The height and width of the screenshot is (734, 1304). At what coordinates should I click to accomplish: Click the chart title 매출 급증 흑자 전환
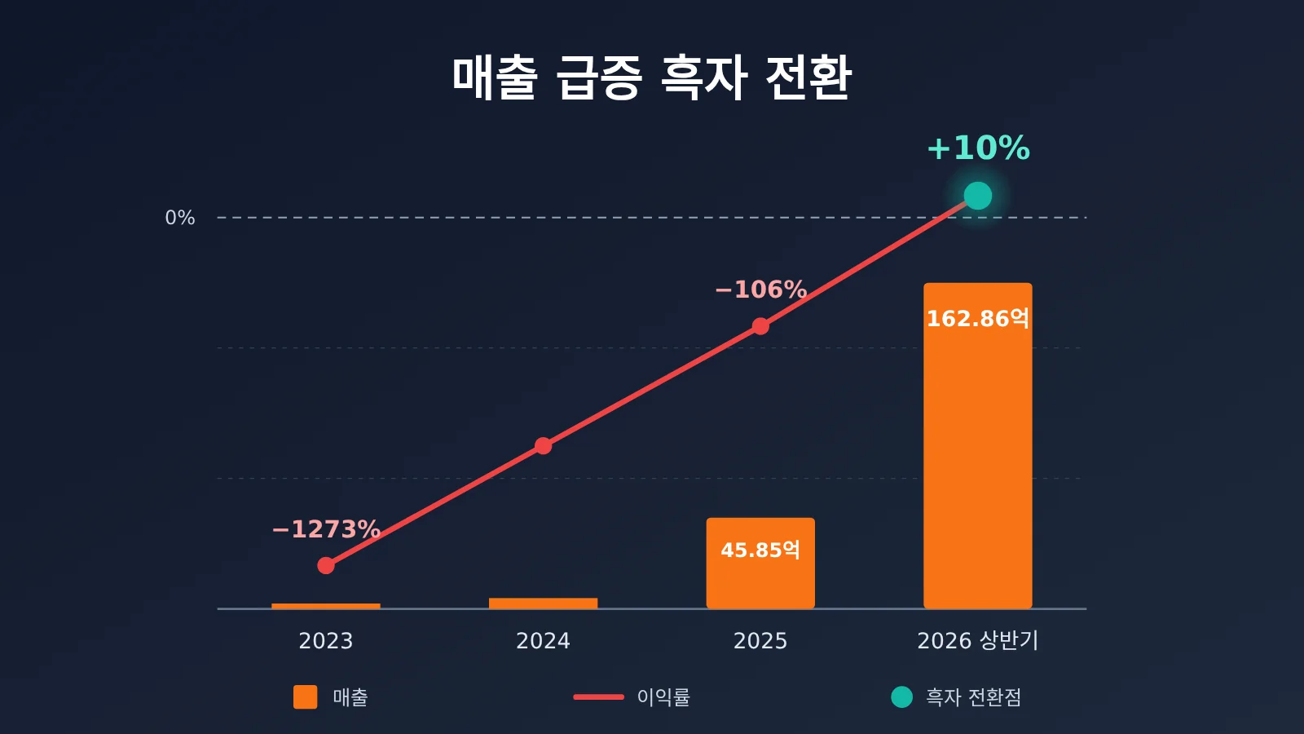tap(652, 77)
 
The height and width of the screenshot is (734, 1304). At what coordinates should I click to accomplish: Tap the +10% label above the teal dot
tap(978, 148)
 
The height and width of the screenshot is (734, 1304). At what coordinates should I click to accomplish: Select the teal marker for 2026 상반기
tap(978, 196)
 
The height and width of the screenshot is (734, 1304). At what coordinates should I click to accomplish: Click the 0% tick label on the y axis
tap(180, 218)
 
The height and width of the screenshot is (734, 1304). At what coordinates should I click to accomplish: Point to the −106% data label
tap(760, 290)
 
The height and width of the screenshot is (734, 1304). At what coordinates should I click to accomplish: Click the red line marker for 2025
tap(760, 326)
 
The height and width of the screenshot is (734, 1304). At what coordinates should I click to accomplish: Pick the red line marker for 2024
tap(543, 445)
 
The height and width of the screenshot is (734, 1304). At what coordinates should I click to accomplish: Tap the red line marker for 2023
tap(326, 565)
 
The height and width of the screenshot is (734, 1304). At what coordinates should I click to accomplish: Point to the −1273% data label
tap(326, 529)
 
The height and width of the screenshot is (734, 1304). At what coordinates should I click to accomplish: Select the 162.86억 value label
tap(978, 319)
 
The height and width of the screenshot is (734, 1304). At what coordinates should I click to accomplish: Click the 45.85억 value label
tap(760, 550)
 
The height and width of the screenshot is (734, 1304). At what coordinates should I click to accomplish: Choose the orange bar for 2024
tap(543, 603)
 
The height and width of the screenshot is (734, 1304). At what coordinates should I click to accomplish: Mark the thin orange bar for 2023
tap(326, 606)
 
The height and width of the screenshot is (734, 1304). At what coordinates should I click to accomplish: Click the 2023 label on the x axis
tap(326, 641)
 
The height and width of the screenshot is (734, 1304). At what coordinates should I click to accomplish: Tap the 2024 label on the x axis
tap(543, 641)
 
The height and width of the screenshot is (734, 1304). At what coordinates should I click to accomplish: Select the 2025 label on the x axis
tap(760, 641)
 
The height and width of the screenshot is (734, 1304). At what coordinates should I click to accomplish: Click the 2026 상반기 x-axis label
tap(978, 641)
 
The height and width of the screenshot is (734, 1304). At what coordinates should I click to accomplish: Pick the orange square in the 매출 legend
tap(305, 696)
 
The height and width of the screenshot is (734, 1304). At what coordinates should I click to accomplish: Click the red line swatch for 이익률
tap(598, 696)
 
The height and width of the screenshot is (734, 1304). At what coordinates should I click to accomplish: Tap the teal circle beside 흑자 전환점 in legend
tap(901, 696)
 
